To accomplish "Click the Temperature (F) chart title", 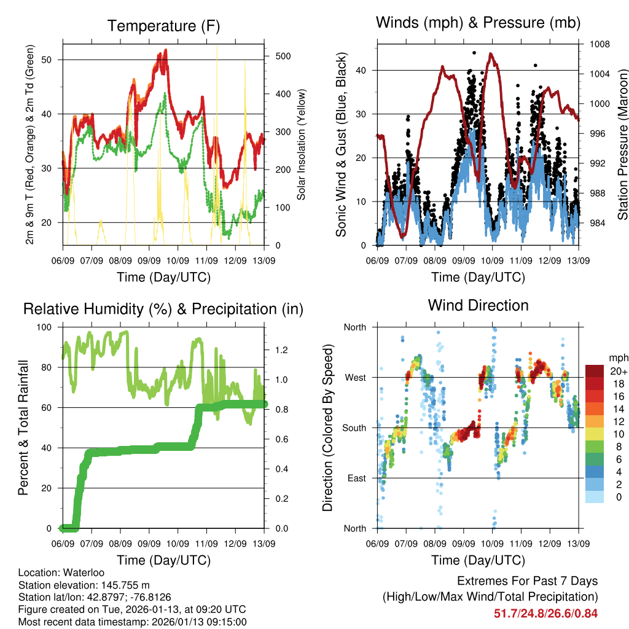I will (163, 26).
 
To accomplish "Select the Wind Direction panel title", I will (478, 305).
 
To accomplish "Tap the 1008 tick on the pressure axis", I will (600, 44).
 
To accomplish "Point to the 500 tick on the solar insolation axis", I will (283, 56).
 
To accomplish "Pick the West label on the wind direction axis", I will (354, 377).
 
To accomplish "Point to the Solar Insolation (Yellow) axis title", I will (302, 145).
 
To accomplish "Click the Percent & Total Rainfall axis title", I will (23, 428).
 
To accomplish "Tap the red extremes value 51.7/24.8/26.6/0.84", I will (545, 613).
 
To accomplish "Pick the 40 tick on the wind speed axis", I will (361, 70).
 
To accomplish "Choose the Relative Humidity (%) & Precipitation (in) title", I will (163, 309).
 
